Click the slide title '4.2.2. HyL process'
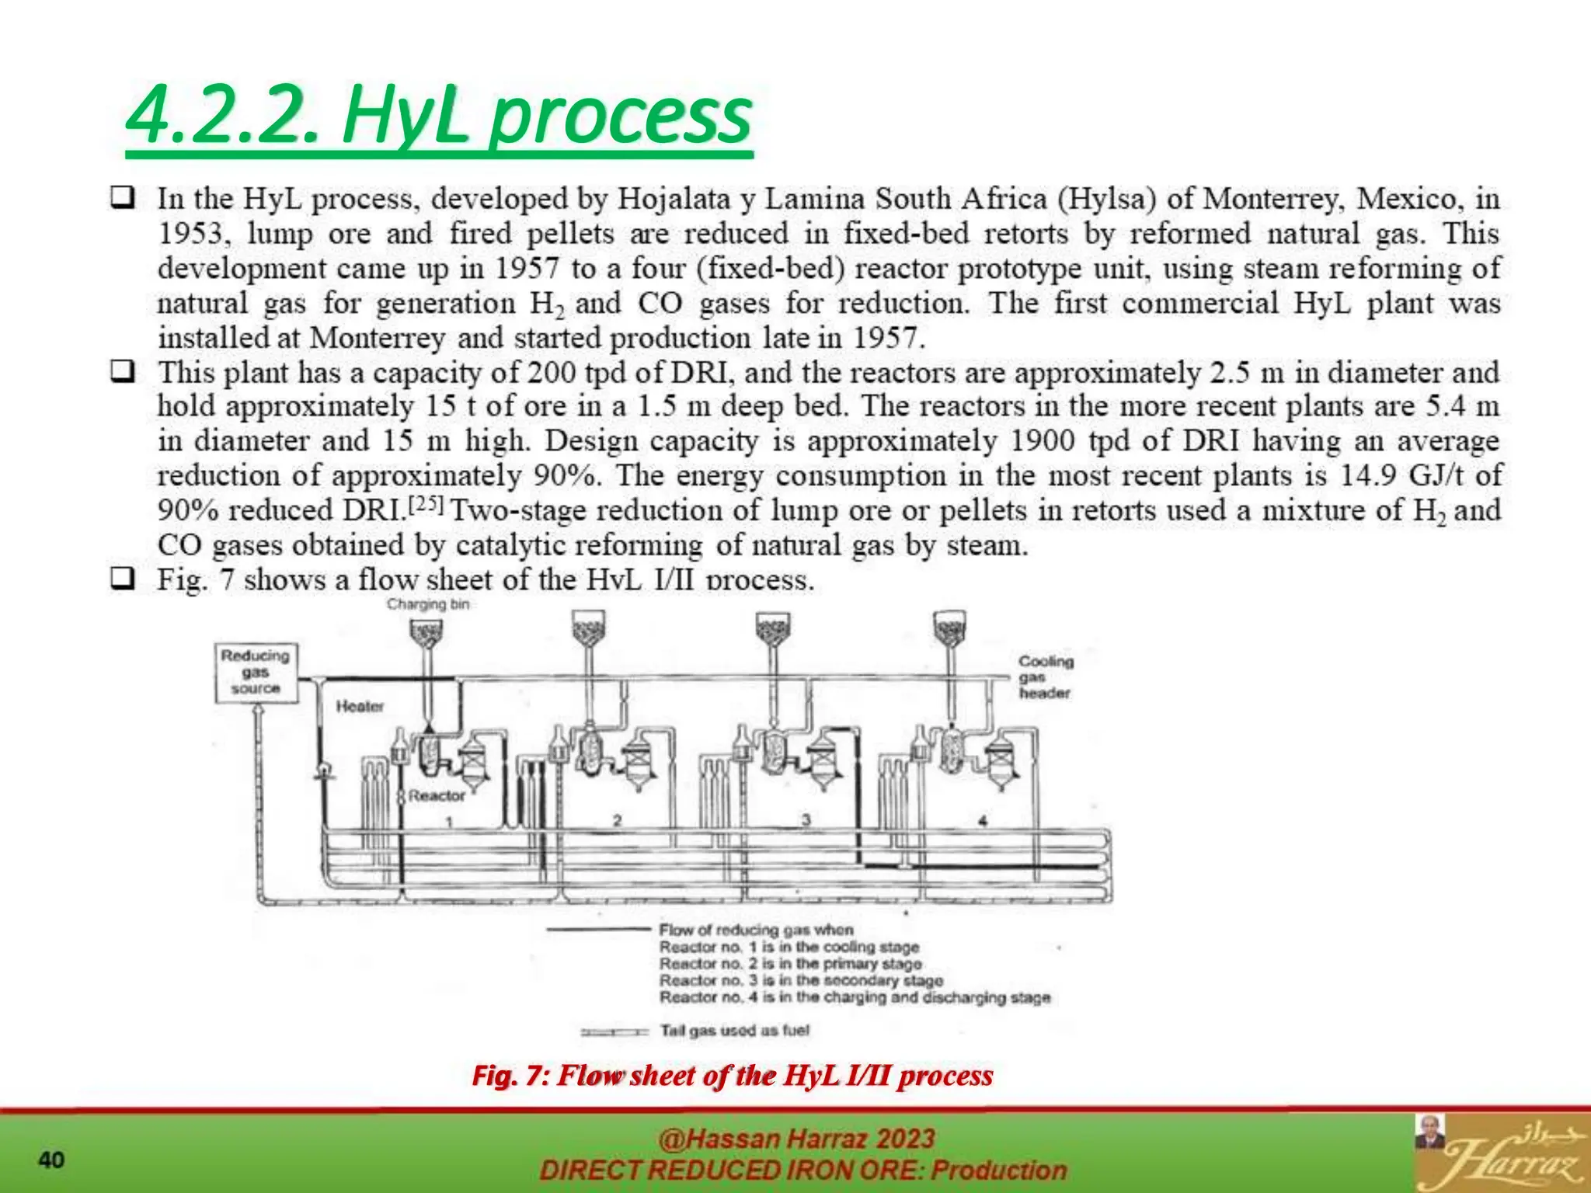[439, 117]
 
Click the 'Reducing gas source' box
[256, 673]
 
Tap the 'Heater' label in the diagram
[360, 707]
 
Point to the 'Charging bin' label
[428, 604]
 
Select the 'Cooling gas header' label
[1046, 677]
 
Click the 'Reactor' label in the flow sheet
[437, 795]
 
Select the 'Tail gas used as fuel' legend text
[734, 1031]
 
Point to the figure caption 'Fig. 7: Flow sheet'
[733, 1076]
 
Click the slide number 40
[51, 1160]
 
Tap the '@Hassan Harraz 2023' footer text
[796, 1139]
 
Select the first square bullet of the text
[121, 198]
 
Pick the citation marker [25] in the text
[426, 506]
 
